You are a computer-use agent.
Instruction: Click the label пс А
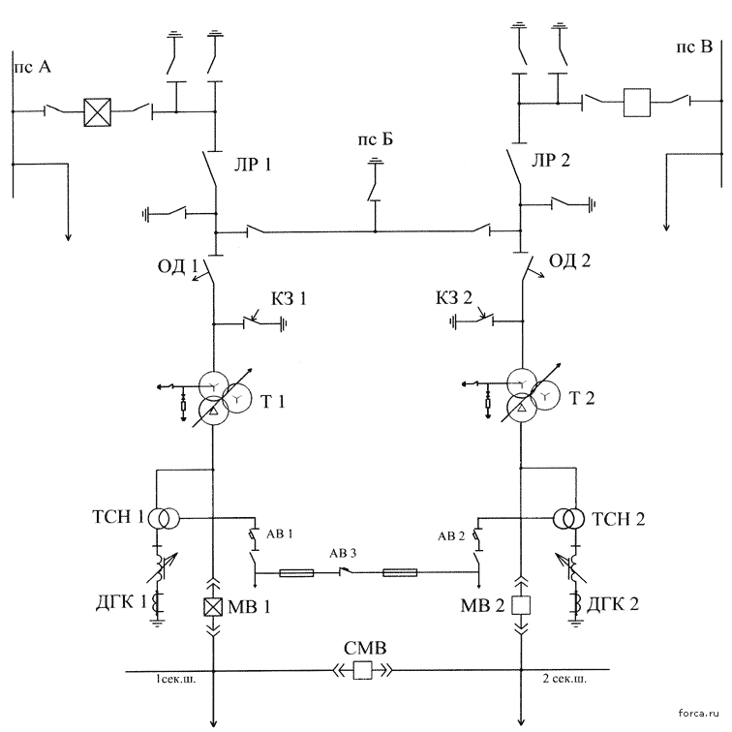pyautogui.click(x=33, y=67)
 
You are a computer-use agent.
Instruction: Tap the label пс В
pyautogui.click(x=694, y=47)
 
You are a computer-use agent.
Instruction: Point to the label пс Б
pyautogui.click(x=376, y=139)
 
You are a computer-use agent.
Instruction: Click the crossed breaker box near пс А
pyautogui.click(x=98, y=112)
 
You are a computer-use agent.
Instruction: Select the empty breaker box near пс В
pyautogui.click(x=637, y=103)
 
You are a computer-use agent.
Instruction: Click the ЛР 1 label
pyautogui.click(x=253, y=165)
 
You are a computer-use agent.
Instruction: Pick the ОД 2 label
pyautogui.click(x=569, y=260)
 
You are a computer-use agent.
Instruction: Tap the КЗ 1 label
pyautogui.click(x=290, y=298)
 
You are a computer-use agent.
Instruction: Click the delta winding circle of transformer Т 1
pyautogui.click(x=213, y=410)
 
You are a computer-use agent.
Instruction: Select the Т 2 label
pyautogui.click(x=582, y=398)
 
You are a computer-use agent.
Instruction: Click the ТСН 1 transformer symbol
pyautogui.click(x=164, y=518)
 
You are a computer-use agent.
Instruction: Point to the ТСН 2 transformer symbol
pyautogui.click(x=568, y=518)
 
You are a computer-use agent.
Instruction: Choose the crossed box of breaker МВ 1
pyautogui.click(x=213, y=607)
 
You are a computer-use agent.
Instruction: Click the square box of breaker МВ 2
pyautogui.click(x=521, y=605)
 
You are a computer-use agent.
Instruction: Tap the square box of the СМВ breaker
pyautogui.click(x=363, y=670)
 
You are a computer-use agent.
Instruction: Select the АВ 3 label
pyautogui.click(x=343, y=554)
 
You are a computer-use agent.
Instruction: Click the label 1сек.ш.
pyautogui.click(x=176, y=680)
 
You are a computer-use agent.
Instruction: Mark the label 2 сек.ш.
pyautogui.click(x=564, y=679)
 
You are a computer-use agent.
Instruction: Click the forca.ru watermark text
pyautogui.click(x=698, y=713)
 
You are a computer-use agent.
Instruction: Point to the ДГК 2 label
pyautogui.click(x=612, y=604)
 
